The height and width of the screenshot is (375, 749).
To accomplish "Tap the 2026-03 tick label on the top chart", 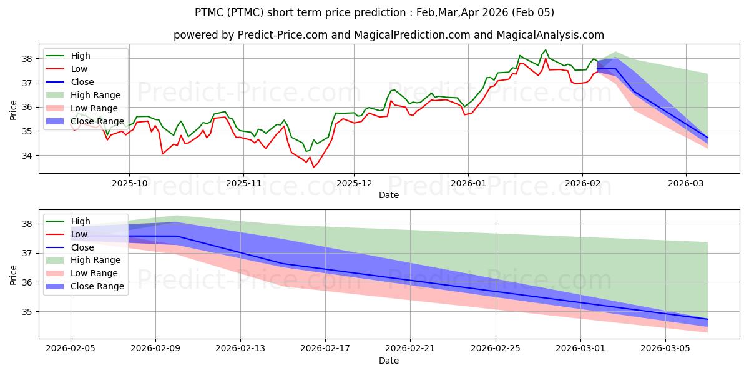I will point(686,184).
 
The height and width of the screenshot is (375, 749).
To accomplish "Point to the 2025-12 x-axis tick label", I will point(354,184).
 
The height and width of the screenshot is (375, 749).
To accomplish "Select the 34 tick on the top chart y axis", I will point(29,156).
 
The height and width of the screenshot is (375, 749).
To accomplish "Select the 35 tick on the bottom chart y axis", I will point(29,312).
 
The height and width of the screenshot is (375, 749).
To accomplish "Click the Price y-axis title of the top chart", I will point(14,110).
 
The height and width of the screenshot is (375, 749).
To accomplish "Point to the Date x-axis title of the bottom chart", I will point(389,361).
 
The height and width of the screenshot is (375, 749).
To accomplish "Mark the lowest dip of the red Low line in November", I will point(313,167).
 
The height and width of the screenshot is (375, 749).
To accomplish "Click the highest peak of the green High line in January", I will point(546,50).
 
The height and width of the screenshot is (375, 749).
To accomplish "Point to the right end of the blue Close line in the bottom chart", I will point(708,319).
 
